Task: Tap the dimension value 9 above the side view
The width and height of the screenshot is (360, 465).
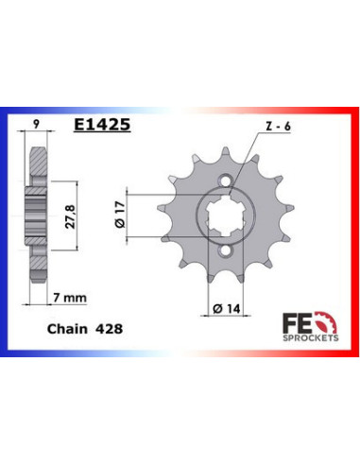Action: tap(35, 123)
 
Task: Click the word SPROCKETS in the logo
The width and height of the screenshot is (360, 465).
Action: tap(308, 335)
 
